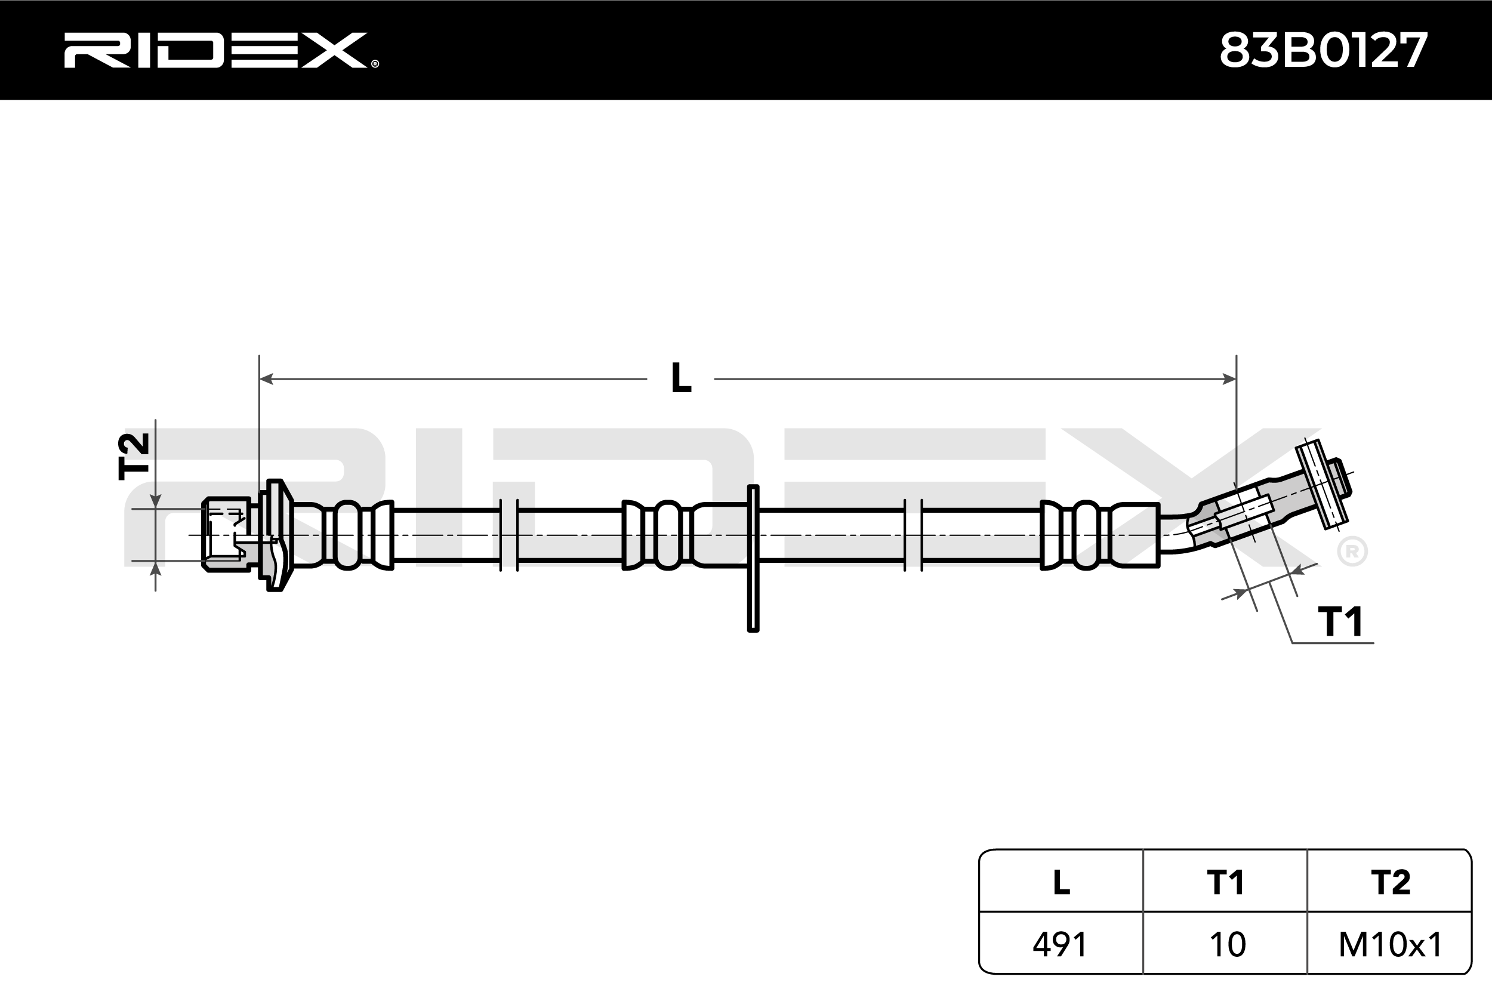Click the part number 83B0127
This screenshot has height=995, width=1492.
(x=1323, y=51)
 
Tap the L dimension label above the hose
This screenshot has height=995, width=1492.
(x=681, y=378)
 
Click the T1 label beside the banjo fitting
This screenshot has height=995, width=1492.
(x=1340, y=622)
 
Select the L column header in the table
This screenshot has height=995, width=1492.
(x=1061, y=882)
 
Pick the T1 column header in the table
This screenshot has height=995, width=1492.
(x=1225, y=882)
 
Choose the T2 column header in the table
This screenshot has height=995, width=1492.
(x=1390, y=882)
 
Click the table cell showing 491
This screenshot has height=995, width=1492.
(x=1061, y=944)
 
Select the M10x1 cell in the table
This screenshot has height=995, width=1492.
(x=1390, y=944)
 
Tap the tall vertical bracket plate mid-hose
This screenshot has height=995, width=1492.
(x=753, y=559)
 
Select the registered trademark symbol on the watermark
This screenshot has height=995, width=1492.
(x=1352, y=552)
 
